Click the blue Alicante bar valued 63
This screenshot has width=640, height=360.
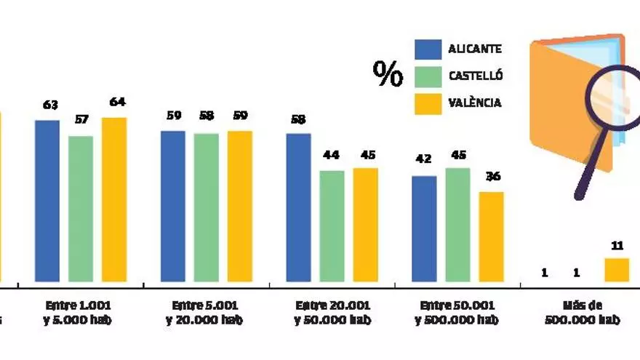click(x=47, y=201)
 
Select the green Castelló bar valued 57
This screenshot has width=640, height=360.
click(x=81, y=209)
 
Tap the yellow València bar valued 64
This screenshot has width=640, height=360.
click(x=114, y=199)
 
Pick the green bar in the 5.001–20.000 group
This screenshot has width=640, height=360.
click(x=207, y=207)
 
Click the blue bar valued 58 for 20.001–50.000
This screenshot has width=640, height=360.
click(x=298, y=207)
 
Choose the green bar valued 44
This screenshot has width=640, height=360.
click(x=332, y=226)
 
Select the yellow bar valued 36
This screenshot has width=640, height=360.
click(x=491, y=236)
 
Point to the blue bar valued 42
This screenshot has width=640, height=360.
click(x=424, y=228)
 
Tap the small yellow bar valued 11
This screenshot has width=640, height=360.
click(x=617, y=270)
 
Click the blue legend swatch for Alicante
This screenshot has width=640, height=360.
click(x=428, y=49)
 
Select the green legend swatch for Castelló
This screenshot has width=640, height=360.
click(x=428, y=76)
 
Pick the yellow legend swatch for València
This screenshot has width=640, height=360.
click(x=428, y=103)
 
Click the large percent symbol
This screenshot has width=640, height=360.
click(x=388, y=73)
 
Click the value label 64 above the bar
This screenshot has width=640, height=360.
click(x=117, y=102)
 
